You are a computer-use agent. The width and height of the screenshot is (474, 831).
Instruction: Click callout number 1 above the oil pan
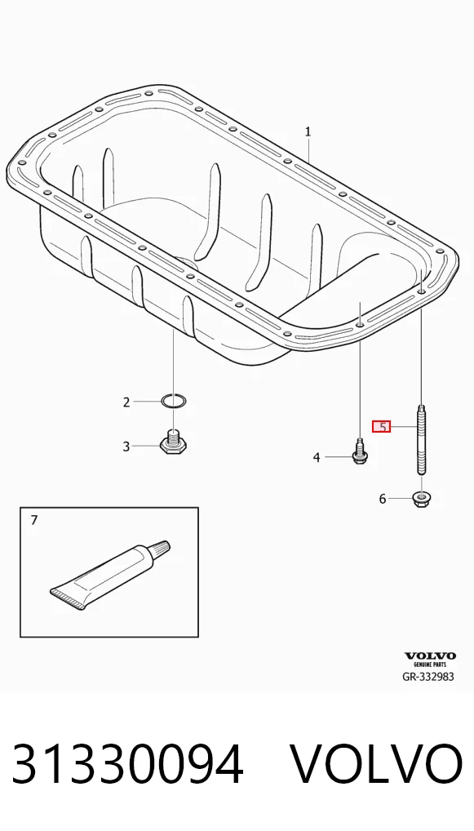[x=308, y=131]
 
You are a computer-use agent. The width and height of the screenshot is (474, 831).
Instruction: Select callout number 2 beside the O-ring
[x=126, y=402]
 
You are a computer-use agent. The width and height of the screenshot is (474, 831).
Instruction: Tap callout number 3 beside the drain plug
[x=126, y=447]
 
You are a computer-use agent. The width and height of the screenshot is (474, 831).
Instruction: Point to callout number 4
[x=317, y=457]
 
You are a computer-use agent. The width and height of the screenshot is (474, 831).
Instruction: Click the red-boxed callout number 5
[x=381, y=427]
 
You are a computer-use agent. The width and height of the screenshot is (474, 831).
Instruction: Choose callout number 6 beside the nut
[x=383, y=499]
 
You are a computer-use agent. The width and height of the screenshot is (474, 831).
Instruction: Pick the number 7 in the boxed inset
[x=34, y=521]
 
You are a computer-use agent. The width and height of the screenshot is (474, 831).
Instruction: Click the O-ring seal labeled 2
[x=174, y=402]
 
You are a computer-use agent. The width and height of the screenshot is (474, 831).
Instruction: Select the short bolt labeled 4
[x=360, y=451]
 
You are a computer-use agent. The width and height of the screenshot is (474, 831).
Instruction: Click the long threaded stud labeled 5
[x=422, y=439]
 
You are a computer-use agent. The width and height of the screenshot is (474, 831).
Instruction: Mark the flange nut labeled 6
[x=421, y=499]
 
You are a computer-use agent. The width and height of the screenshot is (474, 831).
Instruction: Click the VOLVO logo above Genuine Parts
[x=430, y=656]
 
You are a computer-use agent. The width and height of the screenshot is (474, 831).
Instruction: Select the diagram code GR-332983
[x=428, y=677]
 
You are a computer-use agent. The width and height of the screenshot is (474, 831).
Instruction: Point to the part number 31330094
[x=127, y=764]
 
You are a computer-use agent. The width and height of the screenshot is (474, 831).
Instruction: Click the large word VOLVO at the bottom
[x=377, y=764]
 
